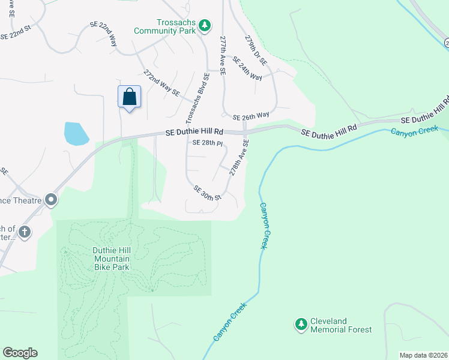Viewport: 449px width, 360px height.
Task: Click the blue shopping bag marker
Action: click(129, 97)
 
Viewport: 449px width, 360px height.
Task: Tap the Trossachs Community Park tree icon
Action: click(205, 25)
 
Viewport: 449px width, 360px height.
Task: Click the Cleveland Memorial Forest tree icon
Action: click(301, 325)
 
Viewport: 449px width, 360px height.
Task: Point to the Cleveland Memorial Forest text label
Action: click(341, 325)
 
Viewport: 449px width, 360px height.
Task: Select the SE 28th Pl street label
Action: click(208, 143)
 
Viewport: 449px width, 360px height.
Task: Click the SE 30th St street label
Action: click(208, 193)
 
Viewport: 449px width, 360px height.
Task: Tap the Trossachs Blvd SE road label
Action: click(199, 95)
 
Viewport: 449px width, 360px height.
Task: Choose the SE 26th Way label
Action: click(251, 116)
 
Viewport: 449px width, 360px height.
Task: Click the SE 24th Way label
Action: click(247, 69)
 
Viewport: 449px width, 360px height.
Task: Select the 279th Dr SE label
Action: click(256, 50)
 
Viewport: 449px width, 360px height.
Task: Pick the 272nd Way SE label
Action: click(161, 83)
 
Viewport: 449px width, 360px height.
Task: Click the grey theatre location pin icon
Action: click(51, 199)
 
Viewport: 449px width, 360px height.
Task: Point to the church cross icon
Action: click(24, 232)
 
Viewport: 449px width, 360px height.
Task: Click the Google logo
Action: click(20, 353)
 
